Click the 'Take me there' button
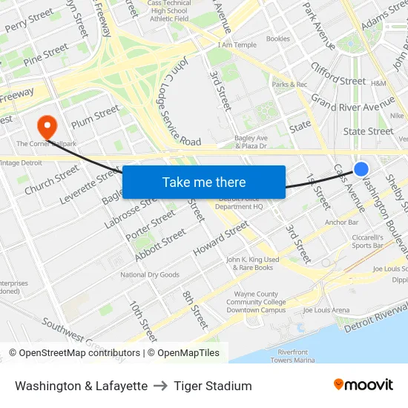coord(204,182)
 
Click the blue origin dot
coord(361,169)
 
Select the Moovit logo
coord(363,385)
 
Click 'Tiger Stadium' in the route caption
coord(213,386)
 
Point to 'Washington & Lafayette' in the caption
coord(81,386)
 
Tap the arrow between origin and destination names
coord(161,386)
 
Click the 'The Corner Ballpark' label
coord(45,143)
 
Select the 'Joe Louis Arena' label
coord(326,310)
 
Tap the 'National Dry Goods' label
coord(150,275)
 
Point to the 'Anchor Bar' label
coord(341,222)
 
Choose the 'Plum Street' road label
coord(95,116)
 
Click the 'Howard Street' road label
coord(220,240)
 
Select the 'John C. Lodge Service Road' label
coord(177,108)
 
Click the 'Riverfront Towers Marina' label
coord(294,356)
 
